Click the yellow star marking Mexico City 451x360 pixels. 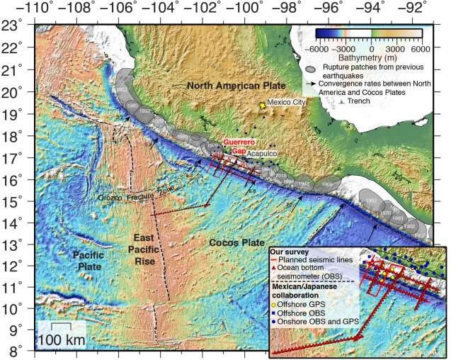pos(263,105)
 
